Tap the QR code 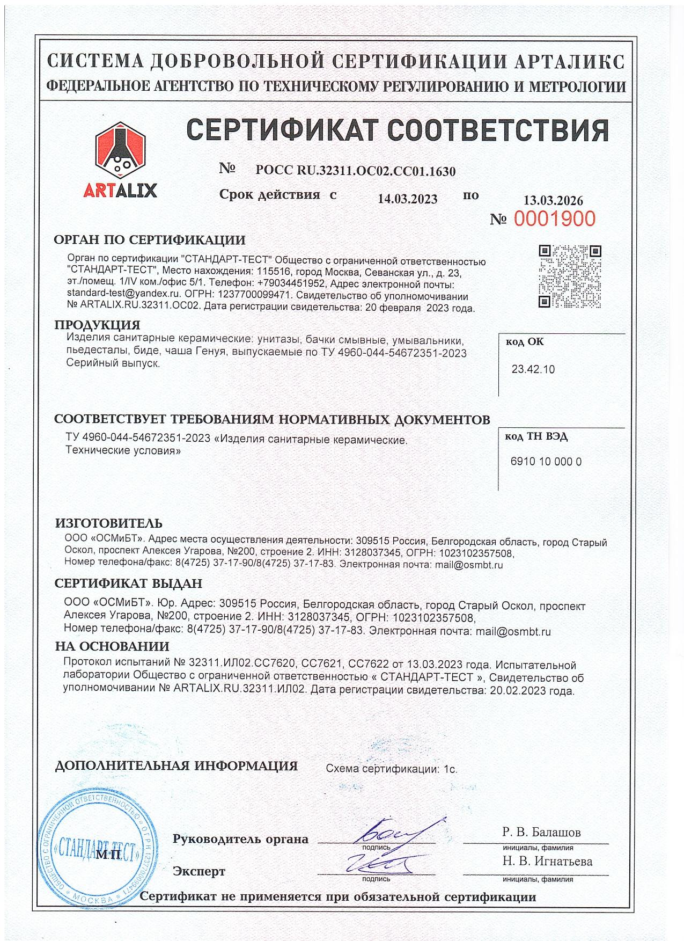(569, 276)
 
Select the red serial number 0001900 (555, 218)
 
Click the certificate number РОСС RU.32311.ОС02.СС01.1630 (356, 171)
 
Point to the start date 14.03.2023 (407, 199)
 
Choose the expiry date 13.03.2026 (553, 201)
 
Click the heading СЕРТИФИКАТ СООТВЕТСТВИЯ (396, 130)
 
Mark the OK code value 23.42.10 (533, 369)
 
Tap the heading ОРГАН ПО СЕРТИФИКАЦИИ (150, 239)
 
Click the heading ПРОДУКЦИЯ (97, 325)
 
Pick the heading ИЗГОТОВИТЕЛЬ (108, 523)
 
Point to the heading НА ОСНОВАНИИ (112, 646)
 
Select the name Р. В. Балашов (541, 833)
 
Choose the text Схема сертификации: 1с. (392, 769)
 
